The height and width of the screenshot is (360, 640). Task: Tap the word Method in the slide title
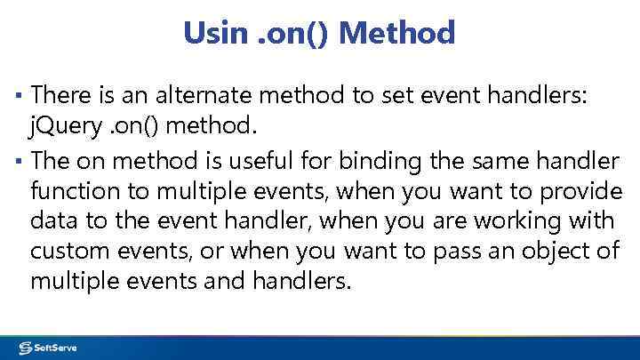click(x=397, y=34)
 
